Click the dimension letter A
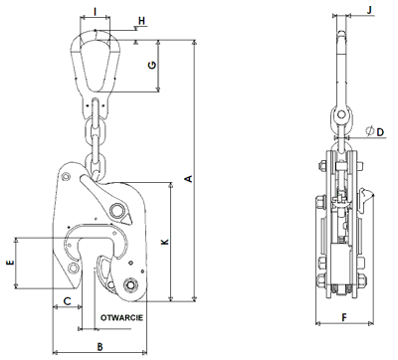189,178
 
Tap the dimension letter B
99,347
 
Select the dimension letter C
67,301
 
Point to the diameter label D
380,132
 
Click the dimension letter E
11,263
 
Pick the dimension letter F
344,318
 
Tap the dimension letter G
152,65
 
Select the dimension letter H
141,21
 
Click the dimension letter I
96,12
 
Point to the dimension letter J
370,10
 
